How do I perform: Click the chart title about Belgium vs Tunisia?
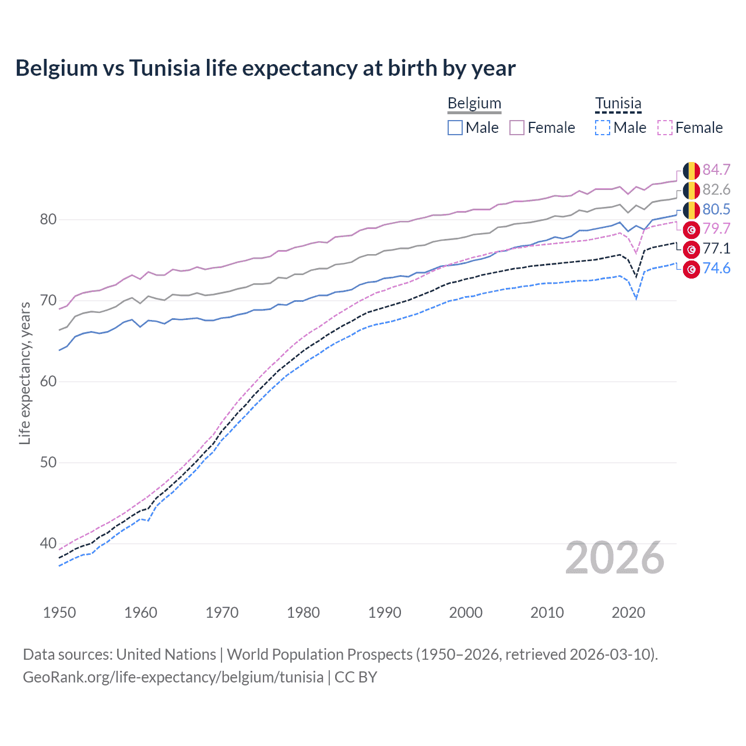tap(265, 68)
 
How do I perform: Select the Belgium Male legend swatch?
tap(455, 128)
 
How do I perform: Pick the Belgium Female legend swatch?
tap(517, 128)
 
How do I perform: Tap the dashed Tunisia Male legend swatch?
tap(603, 128)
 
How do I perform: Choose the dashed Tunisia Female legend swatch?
tap(664, 128)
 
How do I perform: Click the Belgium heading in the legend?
tap(474, 103)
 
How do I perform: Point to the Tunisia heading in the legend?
tap(618, 103)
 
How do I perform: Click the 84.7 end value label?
tap(716, 170)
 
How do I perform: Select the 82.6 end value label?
tap(716, 189)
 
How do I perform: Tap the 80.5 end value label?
tap(716, 209)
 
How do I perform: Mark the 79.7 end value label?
tap(716, 228)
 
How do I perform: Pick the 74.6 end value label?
tap(716, 268)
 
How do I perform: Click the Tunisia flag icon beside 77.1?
tap(691, 249)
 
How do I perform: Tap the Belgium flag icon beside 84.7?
tap(691, 170)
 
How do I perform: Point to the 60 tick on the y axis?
tap(48, 382)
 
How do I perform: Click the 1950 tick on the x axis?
tap(59, 613)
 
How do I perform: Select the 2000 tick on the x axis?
tap(466, 613)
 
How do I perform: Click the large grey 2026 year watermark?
tap(614, 558)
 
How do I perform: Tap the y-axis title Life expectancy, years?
tap(24, 373)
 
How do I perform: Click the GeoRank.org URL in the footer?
tap(173, 677)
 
